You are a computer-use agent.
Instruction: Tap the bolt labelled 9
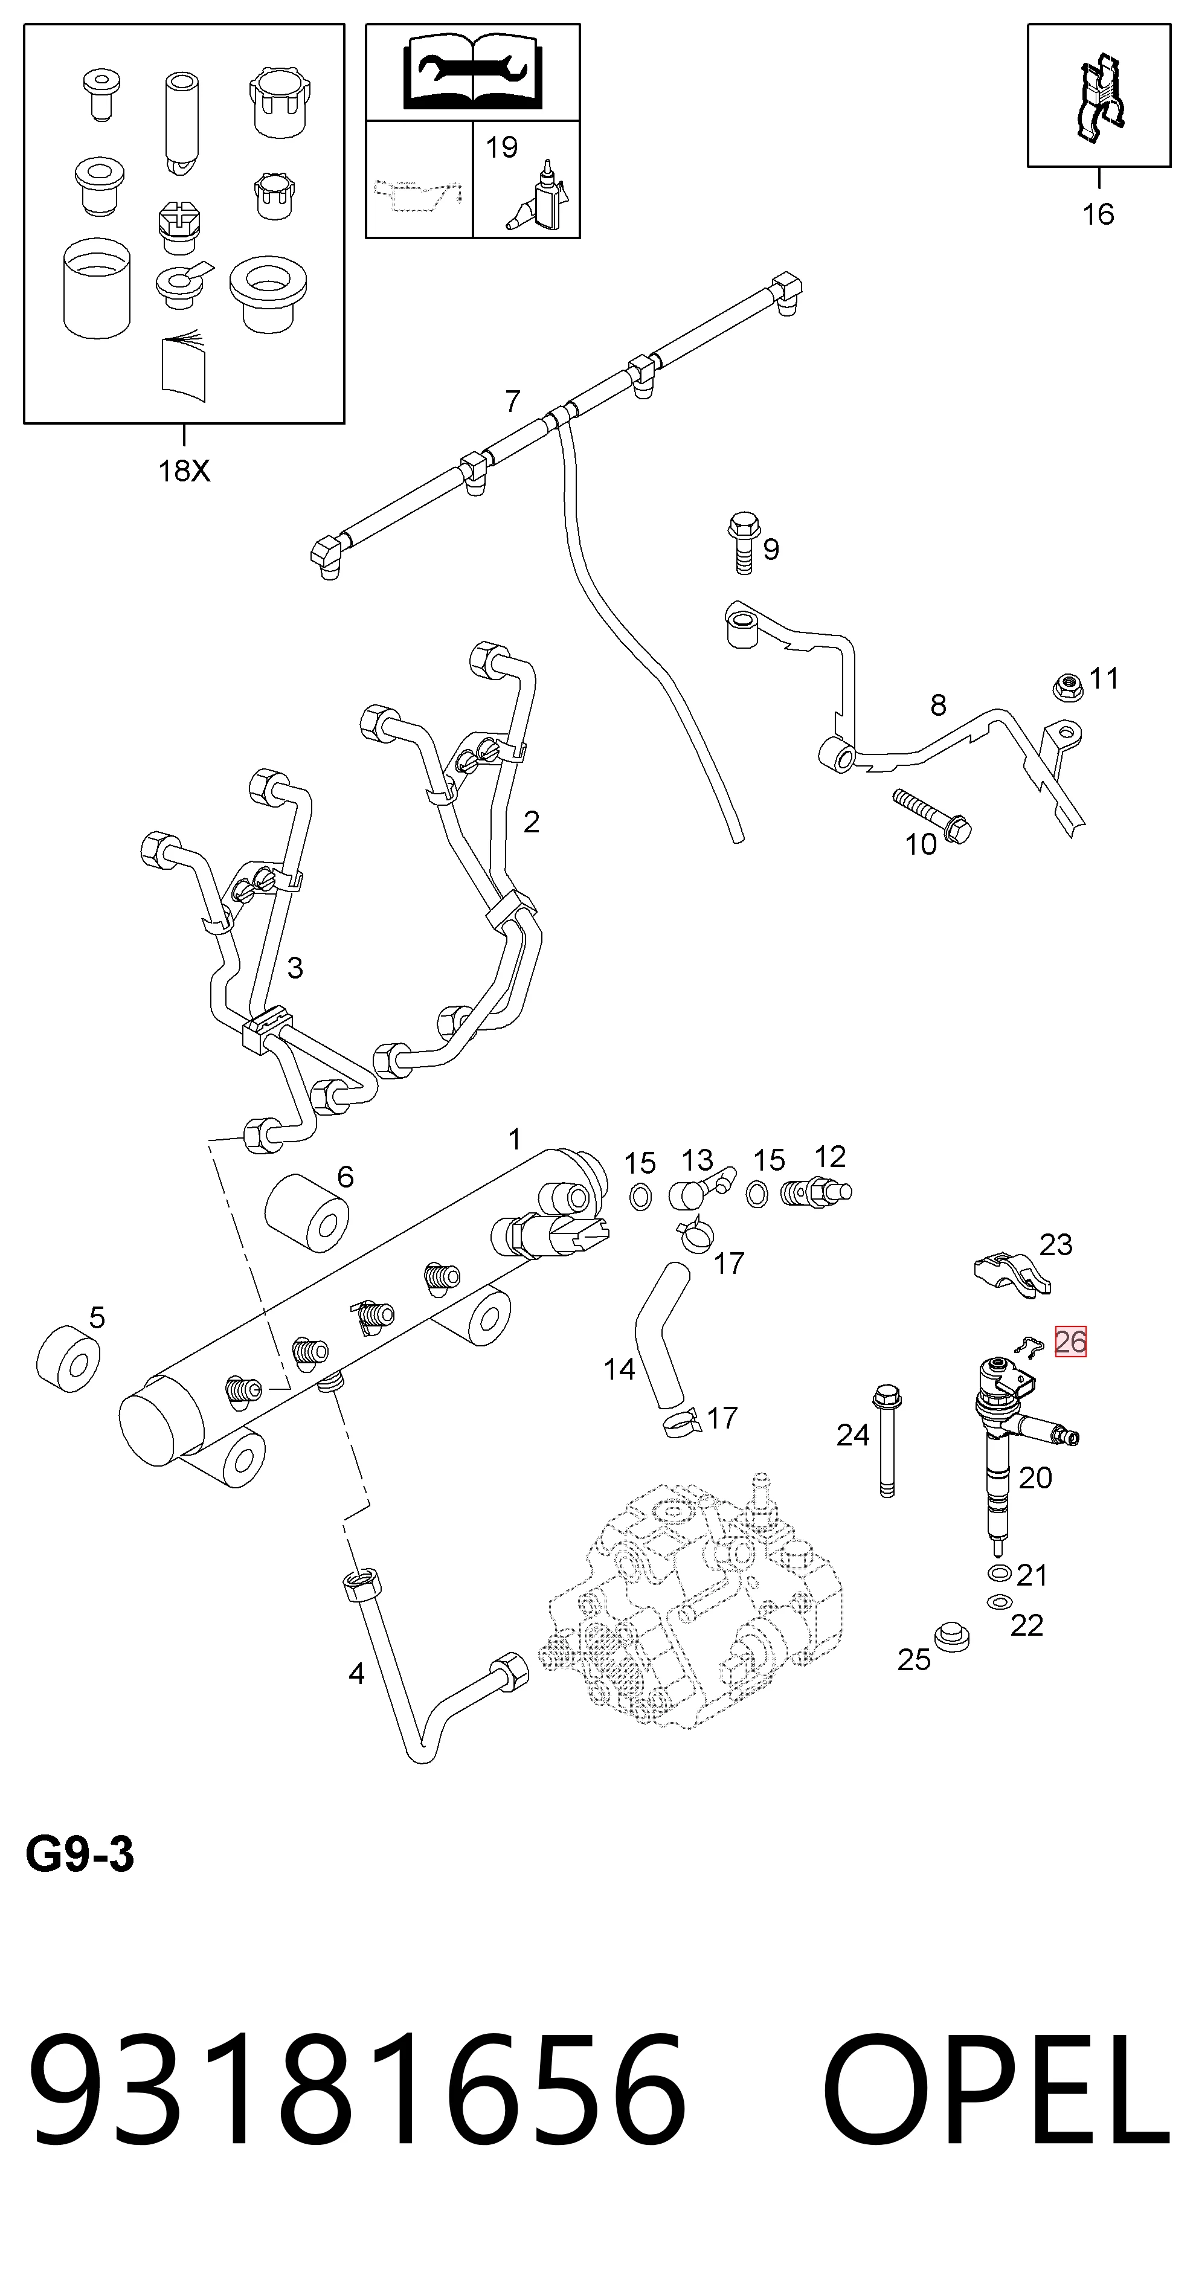tap(742, 544)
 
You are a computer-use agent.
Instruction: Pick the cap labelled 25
tap(952, 1636)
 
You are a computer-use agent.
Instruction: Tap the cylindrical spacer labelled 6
tap(306, 1213)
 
